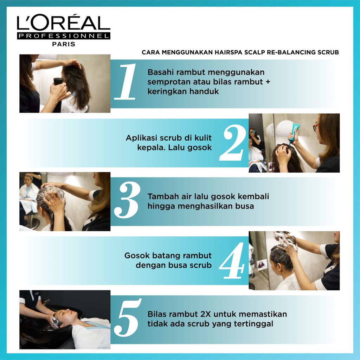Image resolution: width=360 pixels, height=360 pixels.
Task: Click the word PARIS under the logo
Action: [x=64, y=44]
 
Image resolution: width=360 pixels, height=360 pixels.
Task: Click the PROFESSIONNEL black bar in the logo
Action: [x=64, y=36]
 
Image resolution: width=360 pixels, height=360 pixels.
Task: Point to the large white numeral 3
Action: [x=127, y=200]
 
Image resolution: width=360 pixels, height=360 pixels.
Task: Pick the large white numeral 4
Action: [x=232, y=261]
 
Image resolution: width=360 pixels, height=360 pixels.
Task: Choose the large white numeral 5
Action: [x=128, y=317]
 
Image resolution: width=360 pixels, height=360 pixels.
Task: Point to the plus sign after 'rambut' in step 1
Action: [x=268, y=82]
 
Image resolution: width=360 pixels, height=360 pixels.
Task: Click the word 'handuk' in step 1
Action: [x=204, y=91]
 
